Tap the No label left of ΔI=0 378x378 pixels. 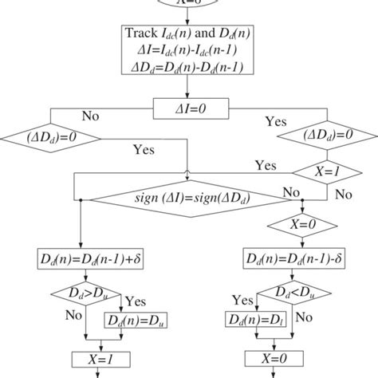coord(90,116)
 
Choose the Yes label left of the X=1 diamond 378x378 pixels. coord(266,164)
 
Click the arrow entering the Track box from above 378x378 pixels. coord(190,16)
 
